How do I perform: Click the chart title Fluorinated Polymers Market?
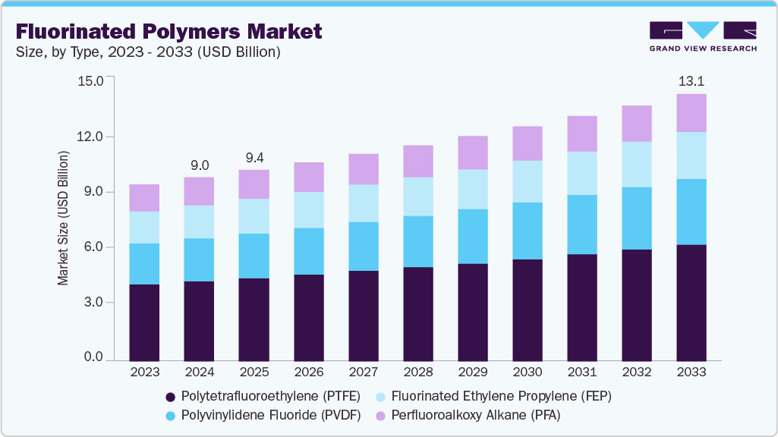169,32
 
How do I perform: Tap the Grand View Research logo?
703,36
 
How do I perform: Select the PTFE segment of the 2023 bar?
144,322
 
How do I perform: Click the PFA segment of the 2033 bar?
691,113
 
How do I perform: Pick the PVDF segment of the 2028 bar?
417,241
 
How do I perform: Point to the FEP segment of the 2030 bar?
527,181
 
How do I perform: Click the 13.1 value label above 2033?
691,82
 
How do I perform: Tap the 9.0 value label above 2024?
199,165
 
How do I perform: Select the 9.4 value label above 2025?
254,158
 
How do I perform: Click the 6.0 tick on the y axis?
94,247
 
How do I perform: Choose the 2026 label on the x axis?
308,373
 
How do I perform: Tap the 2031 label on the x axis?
581,373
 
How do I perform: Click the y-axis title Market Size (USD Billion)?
64,218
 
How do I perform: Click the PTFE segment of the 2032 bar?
636,304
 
